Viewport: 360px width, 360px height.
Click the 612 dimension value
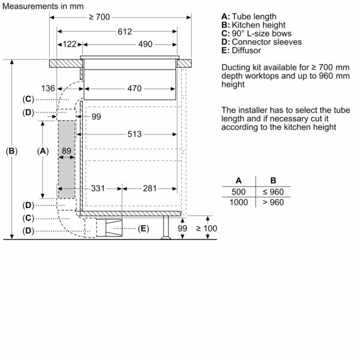(124, 31)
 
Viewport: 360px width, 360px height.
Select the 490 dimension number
(145, 44)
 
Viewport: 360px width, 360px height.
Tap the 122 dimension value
(70, 44)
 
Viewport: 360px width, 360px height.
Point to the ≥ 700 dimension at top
(100, 17)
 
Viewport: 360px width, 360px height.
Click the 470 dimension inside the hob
(134, 89)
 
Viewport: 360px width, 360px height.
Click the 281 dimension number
(151, 188)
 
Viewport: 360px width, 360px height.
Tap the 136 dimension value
(48, 89)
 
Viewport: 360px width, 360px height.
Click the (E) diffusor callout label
(143, 229)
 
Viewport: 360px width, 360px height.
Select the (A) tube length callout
(42, 152)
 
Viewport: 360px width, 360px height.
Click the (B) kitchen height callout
(11, 152)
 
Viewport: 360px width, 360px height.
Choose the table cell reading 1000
(239, 202)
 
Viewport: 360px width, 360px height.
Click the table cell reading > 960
(273, 202)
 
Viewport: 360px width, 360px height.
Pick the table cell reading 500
(239, 192)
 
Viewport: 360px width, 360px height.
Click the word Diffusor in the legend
(247, 50)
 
